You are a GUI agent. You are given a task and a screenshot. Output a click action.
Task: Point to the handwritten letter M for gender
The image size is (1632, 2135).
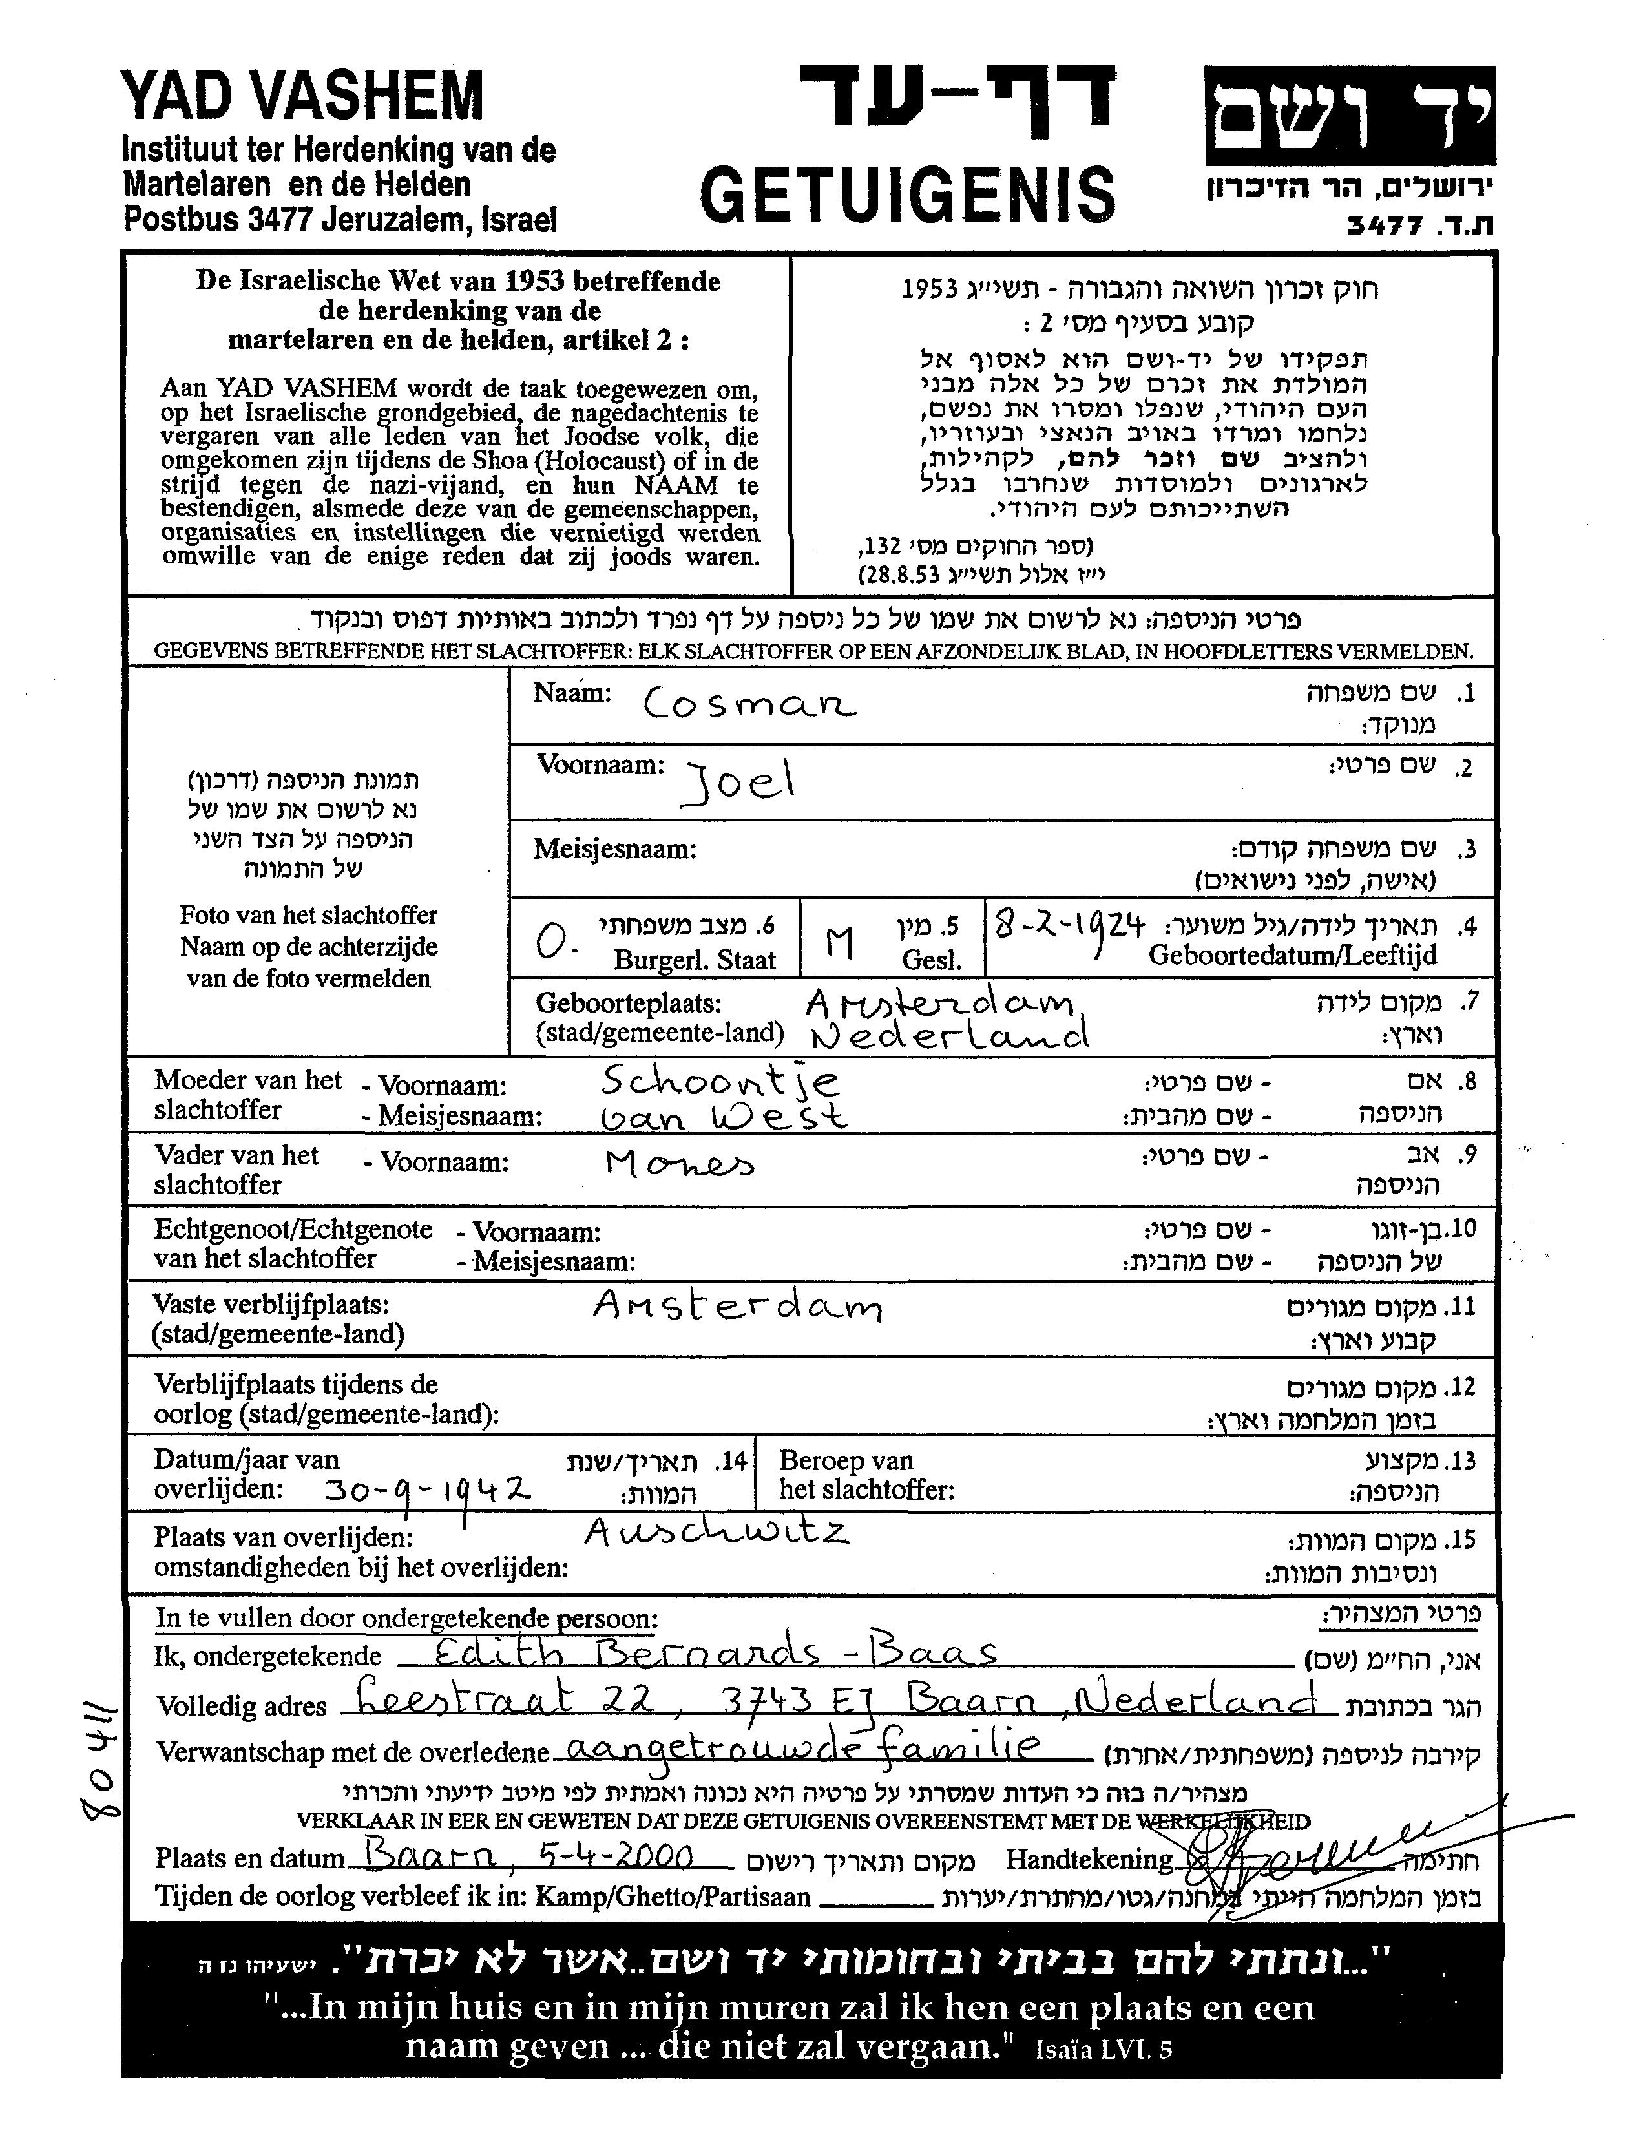pos(839,941)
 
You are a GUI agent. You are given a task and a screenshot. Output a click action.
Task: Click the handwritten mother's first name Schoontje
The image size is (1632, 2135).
pos(720,1081)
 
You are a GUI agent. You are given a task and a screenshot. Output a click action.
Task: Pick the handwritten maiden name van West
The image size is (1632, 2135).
pos(724,1118)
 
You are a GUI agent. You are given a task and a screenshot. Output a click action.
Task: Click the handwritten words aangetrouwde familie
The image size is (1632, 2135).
pos(801,1749)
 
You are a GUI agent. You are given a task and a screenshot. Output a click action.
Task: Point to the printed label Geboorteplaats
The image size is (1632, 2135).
pos(629,1004)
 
